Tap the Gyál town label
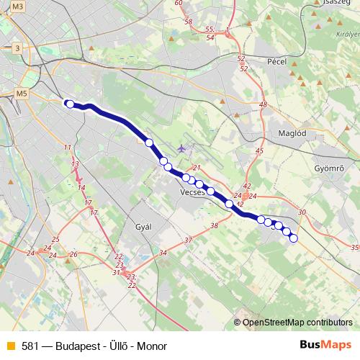click(144, 226)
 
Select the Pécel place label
click(276, 62)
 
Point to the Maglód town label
click(292, 133)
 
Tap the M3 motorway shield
click(18, 6)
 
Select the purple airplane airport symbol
click(180, 148)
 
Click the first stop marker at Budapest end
click(70, 104)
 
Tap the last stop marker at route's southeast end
click(293, 238)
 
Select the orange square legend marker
click(10, 346)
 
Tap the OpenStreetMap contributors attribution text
click(297, 322)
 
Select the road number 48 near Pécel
click(263, 105)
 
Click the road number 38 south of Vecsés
click(214, 226)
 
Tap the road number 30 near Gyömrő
click(301, 212)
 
